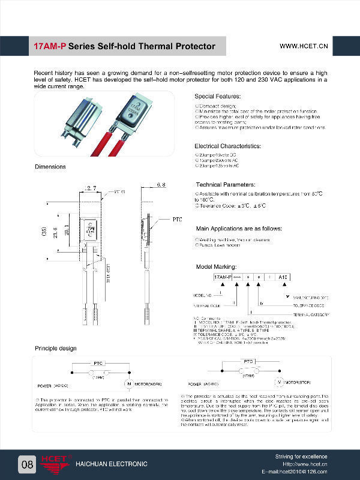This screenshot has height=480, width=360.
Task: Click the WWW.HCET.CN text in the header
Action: click(304, 46)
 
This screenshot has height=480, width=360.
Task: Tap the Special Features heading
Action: click(218, 97)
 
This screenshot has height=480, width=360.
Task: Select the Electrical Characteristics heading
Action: click(227, 146)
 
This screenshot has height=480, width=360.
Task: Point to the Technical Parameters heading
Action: click(225, 184)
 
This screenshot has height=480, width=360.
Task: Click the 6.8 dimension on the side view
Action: click(161, 185)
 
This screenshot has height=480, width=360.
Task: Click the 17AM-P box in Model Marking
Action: click(223, 277)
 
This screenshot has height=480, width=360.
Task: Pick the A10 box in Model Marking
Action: click(283, 277)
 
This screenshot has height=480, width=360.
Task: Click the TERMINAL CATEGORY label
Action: click(312, 314)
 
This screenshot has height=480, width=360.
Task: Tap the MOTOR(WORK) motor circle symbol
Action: click(127, 383)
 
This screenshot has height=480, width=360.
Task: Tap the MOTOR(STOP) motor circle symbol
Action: click(278, 382)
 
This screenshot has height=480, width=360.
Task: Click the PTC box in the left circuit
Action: click(98, 364)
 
